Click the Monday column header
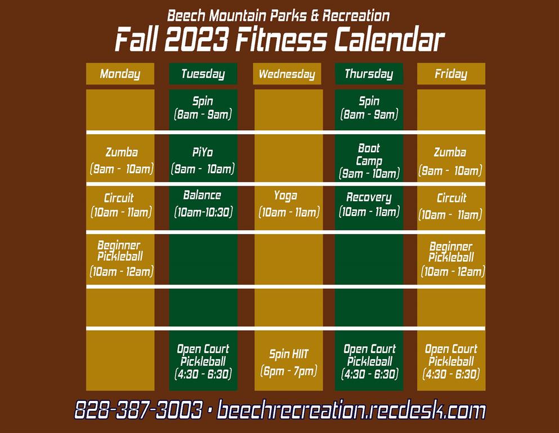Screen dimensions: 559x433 (x=120, y=74)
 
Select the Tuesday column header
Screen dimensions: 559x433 (x=203, y=74)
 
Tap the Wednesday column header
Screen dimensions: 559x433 (x=287, y=74)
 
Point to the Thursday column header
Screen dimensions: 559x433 (x=369, y=74)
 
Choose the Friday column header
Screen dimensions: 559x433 (x=451, y=74)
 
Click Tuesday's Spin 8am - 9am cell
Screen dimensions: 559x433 (x=203, y=109)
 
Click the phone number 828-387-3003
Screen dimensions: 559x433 (x=138, y=409)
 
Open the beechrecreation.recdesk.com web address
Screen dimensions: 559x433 (x=351, y=409)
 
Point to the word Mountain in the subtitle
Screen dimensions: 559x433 (x=238, y=16)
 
